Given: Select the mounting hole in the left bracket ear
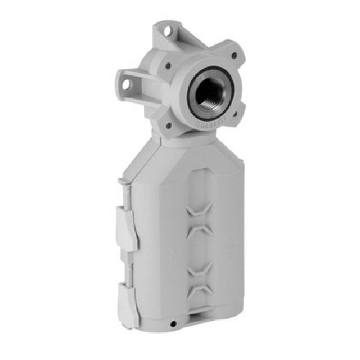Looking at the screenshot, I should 126,84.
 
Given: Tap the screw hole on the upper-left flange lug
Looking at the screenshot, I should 169,66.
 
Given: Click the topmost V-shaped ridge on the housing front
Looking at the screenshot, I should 200,211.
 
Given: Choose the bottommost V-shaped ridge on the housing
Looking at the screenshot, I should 200,290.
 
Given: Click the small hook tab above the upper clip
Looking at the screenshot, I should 121,182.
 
